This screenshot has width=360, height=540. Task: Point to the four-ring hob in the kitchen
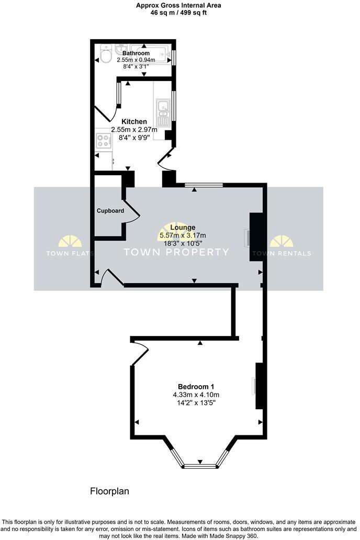(103, 141)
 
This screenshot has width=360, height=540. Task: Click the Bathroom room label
(136, 53)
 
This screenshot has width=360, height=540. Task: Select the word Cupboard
(110, 211)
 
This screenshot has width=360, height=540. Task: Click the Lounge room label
(183, 227)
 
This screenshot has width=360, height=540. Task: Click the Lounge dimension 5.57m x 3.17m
(183, 235)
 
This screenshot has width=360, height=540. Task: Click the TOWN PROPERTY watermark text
(176, 252)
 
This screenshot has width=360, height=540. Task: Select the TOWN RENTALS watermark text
(282, 254)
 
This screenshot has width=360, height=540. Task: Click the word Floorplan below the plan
(109, 491)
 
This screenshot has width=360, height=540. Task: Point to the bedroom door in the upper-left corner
(137, 354)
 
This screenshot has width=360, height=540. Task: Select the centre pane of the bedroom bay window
(199, 465)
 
